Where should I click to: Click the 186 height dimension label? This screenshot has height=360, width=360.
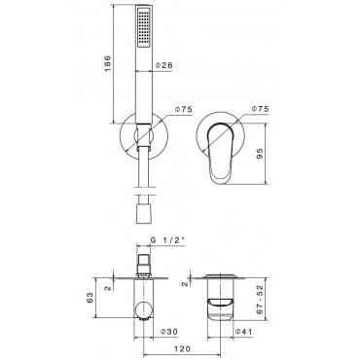(x=108, y=63)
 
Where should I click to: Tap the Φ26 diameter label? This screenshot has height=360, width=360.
(x=164, y=65)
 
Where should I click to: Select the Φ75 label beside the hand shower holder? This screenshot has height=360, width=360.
(x=184, y=109)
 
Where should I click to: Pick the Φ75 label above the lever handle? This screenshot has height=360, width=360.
(x=261, y=109)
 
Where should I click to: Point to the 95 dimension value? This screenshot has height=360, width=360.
(x=261, y=154)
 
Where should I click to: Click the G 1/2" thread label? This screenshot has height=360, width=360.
(x=167, y=240)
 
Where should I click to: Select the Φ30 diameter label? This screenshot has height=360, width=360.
(x=170, y=332)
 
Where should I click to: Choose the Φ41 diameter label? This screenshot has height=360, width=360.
(x=243, y=332)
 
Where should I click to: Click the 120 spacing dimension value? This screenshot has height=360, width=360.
(x=182, y=348)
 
